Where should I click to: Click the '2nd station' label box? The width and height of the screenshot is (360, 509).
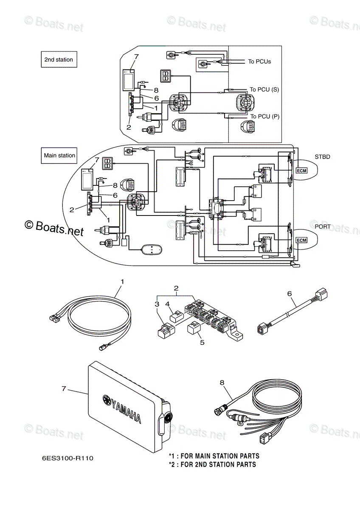click(x=59, y=60)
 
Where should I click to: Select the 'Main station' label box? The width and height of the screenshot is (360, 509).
click(x=59, y=156)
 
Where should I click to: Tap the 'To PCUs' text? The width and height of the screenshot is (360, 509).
click(x=259, y=62)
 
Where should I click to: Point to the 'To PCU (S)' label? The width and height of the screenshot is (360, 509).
click(x=264, y=89)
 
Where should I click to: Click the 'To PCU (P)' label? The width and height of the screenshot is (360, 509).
click(x=265, y=116)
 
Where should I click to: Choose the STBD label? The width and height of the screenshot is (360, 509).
click(x=322, y=157)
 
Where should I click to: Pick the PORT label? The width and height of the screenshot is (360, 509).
click(x=322, y=227)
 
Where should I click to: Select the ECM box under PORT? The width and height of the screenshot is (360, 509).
click(x=301, y=241)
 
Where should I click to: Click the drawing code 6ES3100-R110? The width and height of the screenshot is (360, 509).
click(x=67, y=458)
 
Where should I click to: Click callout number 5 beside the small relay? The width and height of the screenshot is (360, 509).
click(x=202, y=342)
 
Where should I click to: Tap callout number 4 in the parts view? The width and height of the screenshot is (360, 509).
click(x=168, y=304)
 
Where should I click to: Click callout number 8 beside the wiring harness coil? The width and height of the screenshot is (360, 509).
click(x=222, y=382)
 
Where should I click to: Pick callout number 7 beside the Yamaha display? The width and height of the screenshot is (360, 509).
click(x=64, y=388)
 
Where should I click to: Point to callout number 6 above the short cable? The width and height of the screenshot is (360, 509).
click(x=290, y=293)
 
